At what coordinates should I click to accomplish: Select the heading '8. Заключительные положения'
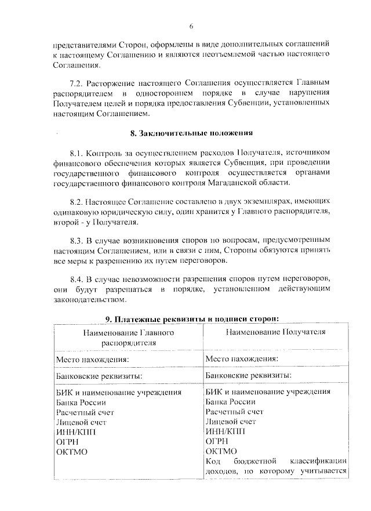point(191,133)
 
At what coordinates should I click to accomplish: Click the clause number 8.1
point(77,153)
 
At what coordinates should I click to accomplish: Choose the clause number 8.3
point(77,240)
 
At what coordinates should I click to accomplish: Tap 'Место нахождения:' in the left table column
point(92,359)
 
